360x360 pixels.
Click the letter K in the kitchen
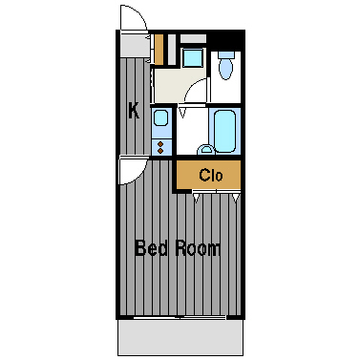134,110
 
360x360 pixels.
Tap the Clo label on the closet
211,175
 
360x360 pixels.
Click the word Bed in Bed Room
151,248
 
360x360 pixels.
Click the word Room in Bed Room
198,248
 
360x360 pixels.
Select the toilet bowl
226,69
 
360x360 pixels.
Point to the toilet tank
226,54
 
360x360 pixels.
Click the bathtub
224,131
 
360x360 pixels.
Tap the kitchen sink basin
160,117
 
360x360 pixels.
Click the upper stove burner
160,144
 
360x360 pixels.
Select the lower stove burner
160,150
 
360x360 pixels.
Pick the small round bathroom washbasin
205,150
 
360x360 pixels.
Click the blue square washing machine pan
192,57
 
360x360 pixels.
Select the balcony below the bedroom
180,337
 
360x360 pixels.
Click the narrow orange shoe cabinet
159,49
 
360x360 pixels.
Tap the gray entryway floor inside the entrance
134,45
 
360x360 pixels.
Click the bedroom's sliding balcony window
180,317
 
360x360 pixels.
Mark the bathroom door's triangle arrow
182,113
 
